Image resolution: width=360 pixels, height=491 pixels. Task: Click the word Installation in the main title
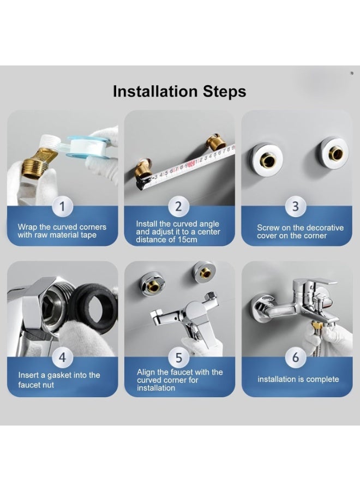155,92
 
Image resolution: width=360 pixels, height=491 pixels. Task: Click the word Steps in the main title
224,92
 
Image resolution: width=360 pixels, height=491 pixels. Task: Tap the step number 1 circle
62,207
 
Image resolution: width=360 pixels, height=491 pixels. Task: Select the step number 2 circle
178,207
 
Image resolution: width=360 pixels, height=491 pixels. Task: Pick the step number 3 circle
295,207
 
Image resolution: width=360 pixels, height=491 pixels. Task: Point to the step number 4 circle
62,357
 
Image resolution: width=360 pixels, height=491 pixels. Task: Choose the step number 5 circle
178,357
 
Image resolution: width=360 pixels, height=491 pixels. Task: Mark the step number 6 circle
295,357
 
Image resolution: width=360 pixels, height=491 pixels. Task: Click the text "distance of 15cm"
166,240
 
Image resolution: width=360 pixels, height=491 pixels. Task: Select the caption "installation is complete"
298,379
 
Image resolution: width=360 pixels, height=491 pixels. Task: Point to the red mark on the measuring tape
191,162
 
